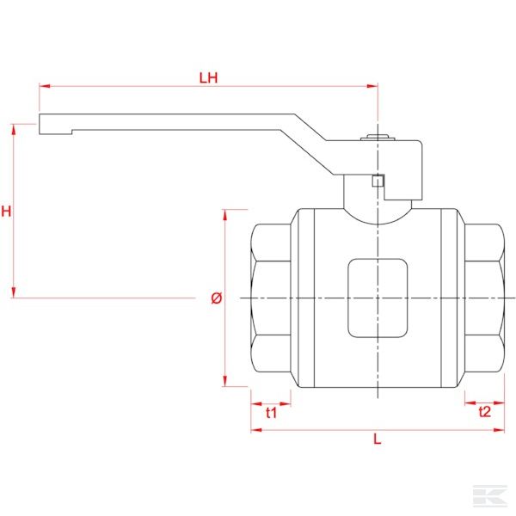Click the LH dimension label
pyautogui.click(x=208, y=77)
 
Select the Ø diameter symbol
pyautogui.click(x=216, y=298)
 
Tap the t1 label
pyautogui.click(x=271, y=412)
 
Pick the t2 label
pyautogui.click(x=484, y=412)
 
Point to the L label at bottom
pyautogui.click(x=377, y=439)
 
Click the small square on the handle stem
pyautogui.click(x=377, y=180)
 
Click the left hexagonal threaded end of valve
pyautogui.click(x=270, y=298)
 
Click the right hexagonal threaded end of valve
pyautogui.click(x=483, y=298)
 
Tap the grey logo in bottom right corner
pyautogui.click(x=487, y=494)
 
